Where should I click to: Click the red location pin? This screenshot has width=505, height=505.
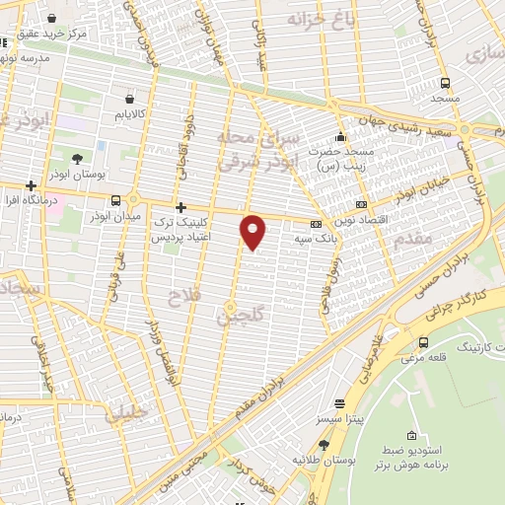254,231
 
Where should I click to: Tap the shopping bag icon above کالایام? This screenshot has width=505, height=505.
131,98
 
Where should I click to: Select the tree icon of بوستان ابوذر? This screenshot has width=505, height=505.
77,158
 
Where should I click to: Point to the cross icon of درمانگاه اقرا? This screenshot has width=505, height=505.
32,185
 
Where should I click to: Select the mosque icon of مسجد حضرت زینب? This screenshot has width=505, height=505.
340,136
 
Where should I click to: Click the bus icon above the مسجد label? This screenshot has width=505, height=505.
445,83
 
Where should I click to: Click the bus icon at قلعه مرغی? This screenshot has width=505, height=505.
423,342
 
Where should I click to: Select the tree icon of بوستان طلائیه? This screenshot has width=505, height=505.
324,445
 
